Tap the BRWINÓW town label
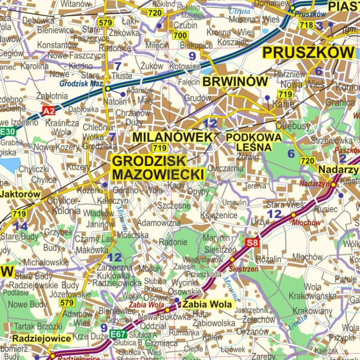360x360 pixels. tap(235, 82)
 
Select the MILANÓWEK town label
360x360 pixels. tap(172, 137)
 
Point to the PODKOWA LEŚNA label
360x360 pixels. tap(253, 142)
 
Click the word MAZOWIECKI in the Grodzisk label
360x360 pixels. tap(158, 175)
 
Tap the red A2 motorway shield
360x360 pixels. tap(48, 111)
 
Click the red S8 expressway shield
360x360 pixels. tap(252, 242)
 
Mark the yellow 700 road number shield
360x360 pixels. tap(180, 36)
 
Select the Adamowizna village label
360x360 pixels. tap(158, 223)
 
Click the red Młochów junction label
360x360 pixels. tap(306, 223)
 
